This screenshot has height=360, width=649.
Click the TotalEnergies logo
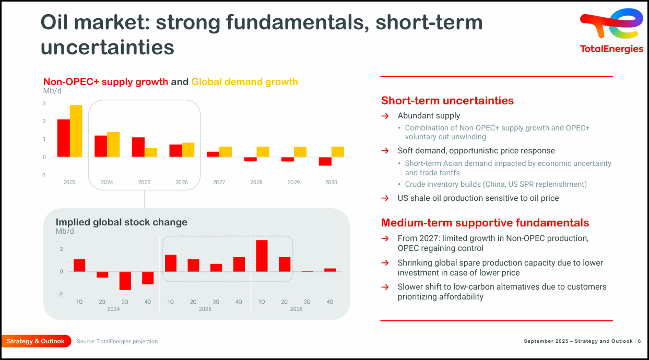point(611,30)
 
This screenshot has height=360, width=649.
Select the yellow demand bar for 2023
point(76,131)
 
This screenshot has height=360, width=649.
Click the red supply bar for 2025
point(138,147)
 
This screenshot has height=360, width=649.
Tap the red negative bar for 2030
point(325,161)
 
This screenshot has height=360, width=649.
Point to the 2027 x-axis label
point(219,183)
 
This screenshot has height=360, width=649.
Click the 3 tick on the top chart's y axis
point(44,104)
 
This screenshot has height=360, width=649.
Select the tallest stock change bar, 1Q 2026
point(262,256)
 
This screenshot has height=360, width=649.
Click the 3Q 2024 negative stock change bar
point(125,281)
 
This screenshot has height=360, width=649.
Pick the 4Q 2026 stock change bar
point(330,270)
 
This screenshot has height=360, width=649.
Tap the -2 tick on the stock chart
point(61,295)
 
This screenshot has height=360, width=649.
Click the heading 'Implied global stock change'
point(121,222)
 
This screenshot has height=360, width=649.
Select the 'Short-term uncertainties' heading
point(447,101)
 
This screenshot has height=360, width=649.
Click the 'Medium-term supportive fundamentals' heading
point(485,223)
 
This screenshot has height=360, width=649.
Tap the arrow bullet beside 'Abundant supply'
point(385,116)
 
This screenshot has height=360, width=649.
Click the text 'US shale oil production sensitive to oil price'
point(478,198)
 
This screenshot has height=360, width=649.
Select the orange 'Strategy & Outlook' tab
point(36,341)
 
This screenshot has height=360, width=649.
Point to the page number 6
point(639,341)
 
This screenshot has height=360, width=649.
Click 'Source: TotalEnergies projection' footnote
point(117,341)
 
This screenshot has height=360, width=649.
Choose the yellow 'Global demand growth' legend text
point(244,82)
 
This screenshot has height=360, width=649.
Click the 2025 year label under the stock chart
point(205,309)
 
